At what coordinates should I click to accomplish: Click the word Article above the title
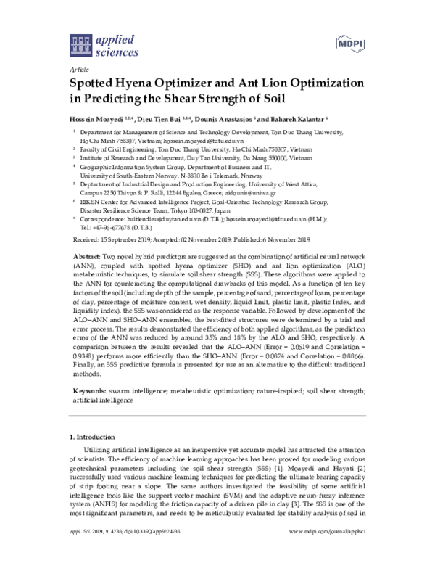click(76, 67)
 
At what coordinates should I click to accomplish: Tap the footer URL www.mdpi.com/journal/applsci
click(329, 552)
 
